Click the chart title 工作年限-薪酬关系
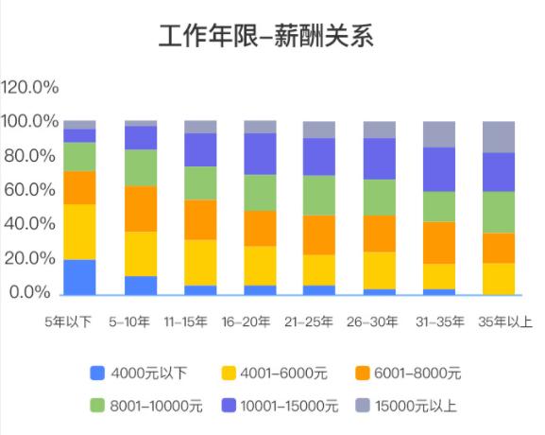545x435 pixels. click(266, 37)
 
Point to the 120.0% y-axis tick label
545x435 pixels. click(30, 88)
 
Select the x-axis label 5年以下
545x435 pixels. click(69, 322)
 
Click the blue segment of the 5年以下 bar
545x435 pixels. click(79, 276)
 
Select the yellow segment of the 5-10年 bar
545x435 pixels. click(141, 253)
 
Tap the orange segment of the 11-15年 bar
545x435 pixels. click(200, 219)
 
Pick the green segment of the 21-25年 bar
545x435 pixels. click(319, 195)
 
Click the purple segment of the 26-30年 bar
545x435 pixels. click(380, 159)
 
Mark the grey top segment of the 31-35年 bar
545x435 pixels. click(438, 134)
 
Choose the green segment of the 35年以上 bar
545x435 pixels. click(499, 212)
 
